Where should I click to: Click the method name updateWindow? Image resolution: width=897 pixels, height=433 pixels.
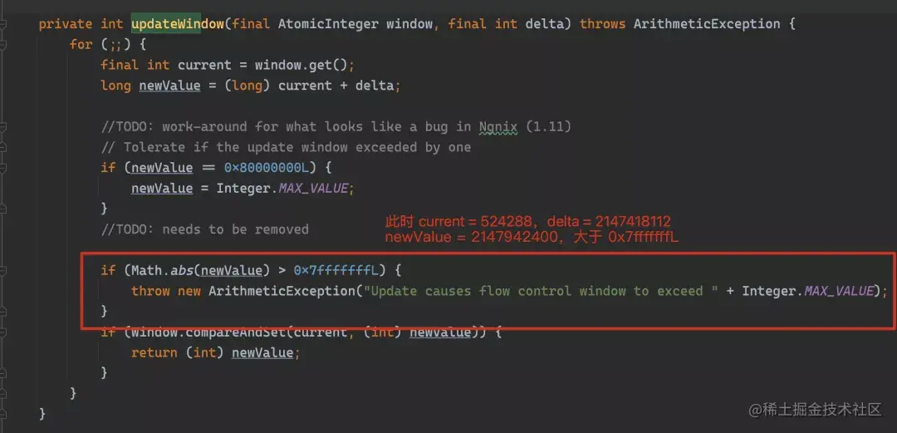click(x=177, y=23)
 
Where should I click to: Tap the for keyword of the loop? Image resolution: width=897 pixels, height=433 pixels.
click(x=81, y=44)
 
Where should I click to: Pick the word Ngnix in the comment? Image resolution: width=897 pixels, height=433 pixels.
click(x=498, y=126)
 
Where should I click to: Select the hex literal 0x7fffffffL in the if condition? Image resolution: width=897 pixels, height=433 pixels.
click(x=335, y=270)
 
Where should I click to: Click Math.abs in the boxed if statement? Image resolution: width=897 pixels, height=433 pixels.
click(x=162, y=270)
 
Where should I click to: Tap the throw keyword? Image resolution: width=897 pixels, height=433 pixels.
click(x=150, y=291)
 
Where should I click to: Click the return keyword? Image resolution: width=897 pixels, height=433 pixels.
click(x=154, y=352)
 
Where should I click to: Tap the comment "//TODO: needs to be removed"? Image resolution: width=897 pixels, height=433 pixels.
click(x=204, y=229)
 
